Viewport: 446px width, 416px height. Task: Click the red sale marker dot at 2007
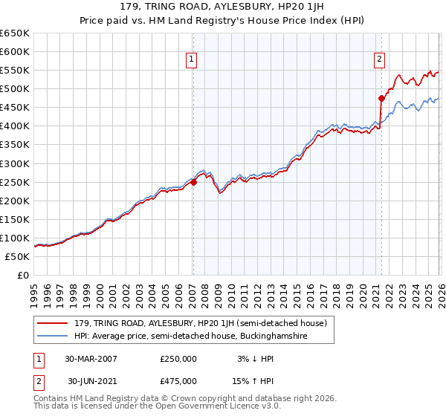193,181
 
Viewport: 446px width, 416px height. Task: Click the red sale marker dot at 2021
381,97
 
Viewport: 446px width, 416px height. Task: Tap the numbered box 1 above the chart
192,59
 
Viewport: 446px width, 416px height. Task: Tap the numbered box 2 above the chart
380,59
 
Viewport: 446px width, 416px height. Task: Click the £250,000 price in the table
178,358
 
